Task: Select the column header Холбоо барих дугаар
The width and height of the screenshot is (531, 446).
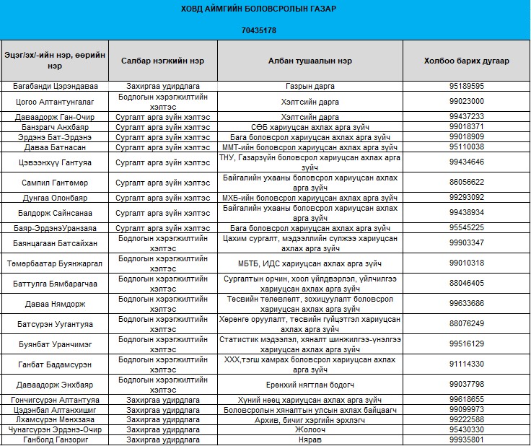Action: pyautogui.click(x=466, y=61)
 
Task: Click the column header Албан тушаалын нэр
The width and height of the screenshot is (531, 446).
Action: pyautogui.click(x=310, y=61)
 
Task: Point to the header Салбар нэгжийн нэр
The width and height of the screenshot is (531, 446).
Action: pyautogui.click(x=163, y=61)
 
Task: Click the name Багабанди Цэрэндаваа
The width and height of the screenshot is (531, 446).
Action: pyautogui.click(x=56, y=86)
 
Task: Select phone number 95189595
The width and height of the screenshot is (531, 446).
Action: pyautogui.click(x=466, y=86)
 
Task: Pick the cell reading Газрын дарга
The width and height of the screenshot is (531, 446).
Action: pyautogui.click(x=310, y=86)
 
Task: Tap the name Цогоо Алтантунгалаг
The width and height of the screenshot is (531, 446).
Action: pyautogui.click(x=56, y=101)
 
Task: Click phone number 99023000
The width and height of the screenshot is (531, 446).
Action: pyautogui.click(x=466, y=101)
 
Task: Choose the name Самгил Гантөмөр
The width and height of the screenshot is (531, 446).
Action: pyautogui.click(x=56, y=182)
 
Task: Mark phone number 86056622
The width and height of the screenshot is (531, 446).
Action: pyautogui.click(x=466, y=182)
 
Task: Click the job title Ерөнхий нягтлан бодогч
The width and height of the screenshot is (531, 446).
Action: pyautogui.click(x=310, y=384)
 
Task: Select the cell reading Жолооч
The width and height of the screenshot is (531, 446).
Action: pyautogui.click(x=310, y=429)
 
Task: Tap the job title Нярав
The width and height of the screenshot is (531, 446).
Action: pyautogui.click(x=310, y=440)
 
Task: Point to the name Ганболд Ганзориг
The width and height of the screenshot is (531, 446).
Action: pyautogui.click(x=56, y=440)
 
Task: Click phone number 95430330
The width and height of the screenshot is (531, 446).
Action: pyautogui.click(x=466, y=429)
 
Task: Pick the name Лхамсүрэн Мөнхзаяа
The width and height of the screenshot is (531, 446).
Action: pyautogui.click(x=56, y=419)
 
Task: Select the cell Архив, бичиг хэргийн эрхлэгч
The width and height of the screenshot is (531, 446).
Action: pyautogui.click(x=310, y=419)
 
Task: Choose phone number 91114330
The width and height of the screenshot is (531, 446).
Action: pyautogui.click(x=466, y=364)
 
